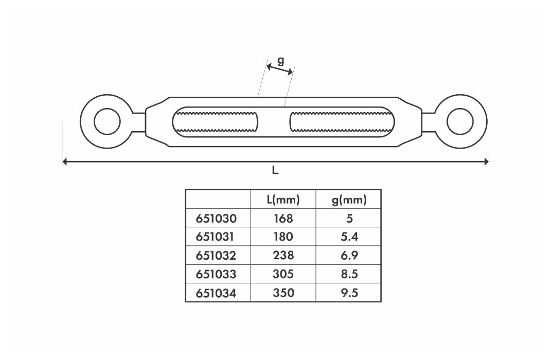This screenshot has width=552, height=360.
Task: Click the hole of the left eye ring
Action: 107,121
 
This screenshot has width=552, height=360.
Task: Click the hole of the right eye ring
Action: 460,121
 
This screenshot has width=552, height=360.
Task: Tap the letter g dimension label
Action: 280,61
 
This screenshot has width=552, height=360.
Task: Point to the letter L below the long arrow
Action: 275,171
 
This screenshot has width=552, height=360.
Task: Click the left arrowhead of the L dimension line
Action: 64,161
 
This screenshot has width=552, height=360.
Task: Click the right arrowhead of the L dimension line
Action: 487,161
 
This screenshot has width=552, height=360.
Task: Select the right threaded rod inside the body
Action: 341,122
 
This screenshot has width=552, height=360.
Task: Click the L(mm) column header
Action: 283,200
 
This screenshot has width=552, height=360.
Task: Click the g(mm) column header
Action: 349,200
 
